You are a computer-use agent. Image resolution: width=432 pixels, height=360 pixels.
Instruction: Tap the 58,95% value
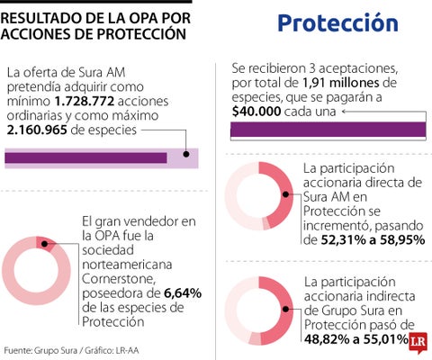(391, 240)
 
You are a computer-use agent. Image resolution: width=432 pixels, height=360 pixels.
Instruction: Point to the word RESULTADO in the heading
(49, 16)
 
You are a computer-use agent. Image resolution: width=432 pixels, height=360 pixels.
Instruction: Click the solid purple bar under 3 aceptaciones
(328, 130)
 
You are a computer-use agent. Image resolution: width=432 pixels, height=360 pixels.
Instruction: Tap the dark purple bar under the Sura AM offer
(86, 158)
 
